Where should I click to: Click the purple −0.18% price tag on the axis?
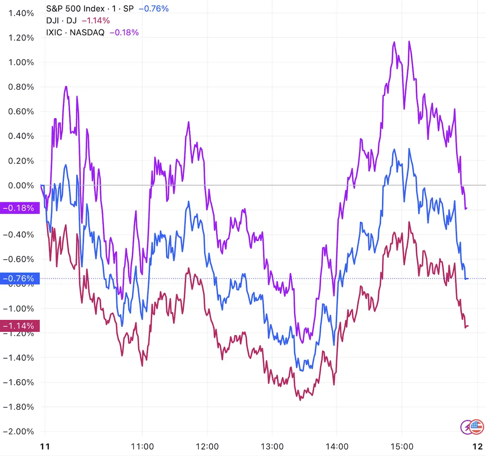click(x=19, y=208)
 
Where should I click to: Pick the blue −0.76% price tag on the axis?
click(x=19, y=279)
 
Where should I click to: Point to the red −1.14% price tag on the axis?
click(x=19, y=325)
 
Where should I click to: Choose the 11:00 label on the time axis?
click(x=143, y=446)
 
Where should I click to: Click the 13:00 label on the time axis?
click(x=272, y=446)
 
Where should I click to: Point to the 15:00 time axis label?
click(x=402, y=446)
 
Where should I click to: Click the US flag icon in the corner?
click(x=476, y=427)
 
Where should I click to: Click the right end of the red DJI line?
click(x=468, y=326)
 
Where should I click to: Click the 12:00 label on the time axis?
click(x=207, y=446)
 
